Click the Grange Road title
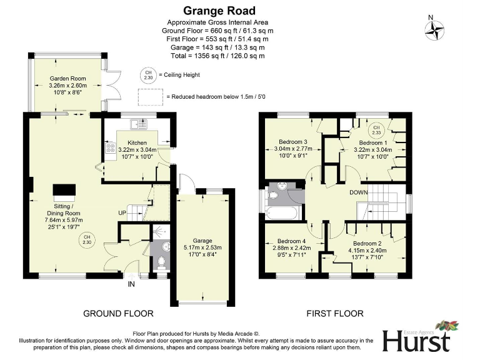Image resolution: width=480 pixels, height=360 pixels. pyautogui.click(x=219, y=11)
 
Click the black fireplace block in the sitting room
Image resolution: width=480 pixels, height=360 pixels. pyautogui.click(x=63, y=190)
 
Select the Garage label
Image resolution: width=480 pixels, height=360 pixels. pyautogui.click(x=202, y=241)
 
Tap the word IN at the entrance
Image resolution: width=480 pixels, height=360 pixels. pyautogui.click(x=131, y=284)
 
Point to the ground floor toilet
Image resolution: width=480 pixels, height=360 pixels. pyautogui.click(x=161, y=261)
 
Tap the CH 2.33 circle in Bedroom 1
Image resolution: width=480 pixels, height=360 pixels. pyautogui.click(x=377, y=130)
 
